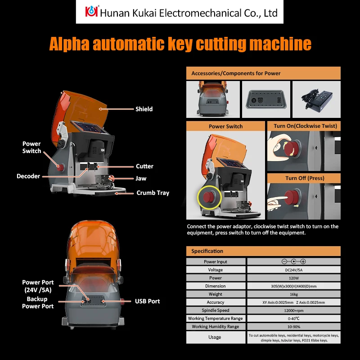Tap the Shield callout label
[x=144, y=109]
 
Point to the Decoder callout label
[x=28, y=176]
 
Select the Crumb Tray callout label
[x=153, y=193]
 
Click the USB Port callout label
[x=148, y=301]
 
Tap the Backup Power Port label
[x=40, y=302]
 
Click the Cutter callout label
[x=144, y=166]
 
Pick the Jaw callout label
[x=141, y=178]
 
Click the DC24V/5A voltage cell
[x=293, y=270]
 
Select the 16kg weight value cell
[x=293, y=294]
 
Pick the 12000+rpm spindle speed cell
[x=293, y=310]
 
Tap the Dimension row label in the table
[x=216, y=286]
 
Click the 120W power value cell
[x=293, y=278]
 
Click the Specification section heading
[x=207, y=251]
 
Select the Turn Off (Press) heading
[x=305, y=178]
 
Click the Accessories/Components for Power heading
[x=236, y=73]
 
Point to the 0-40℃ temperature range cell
[x=293, y=318]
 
